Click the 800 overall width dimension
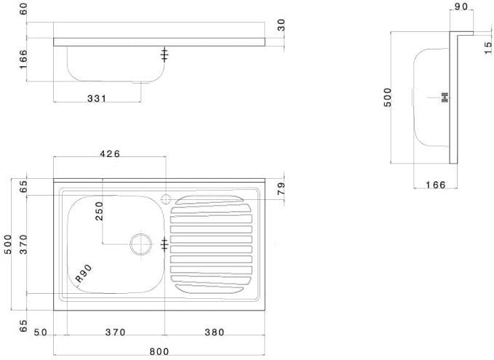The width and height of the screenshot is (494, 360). pos(159,351)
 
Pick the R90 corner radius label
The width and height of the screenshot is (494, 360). pos(82,274)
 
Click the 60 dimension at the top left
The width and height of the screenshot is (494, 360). pos(23,9)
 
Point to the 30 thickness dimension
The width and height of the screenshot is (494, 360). pos(281,25)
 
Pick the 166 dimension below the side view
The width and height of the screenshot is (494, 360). pos(434,185)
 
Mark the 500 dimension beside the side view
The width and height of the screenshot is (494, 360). pos(388,97)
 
